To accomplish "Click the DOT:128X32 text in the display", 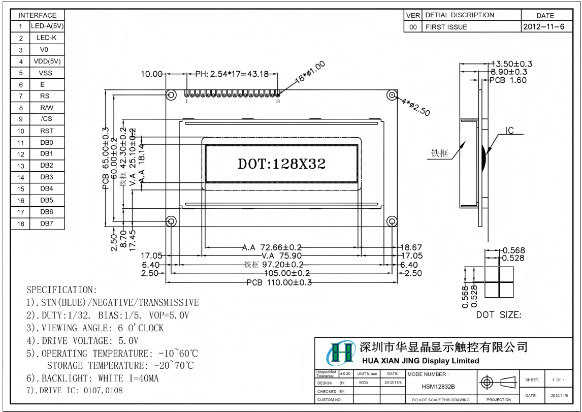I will tap(281, 164).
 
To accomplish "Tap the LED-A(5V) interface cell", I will tap(47, 26).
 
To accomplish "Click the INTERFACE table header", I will tap(38, 15).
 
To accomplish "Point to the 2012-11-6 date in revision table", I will tap(544, 26).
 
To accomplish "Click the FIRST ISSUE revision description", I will tap(446, 27).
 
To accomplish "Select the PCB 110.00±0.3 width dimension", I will tap(279, 282).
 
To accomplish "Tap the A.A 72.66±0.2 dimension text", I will tap(272, 247).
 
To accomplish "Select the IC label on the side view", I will tap(509, 131).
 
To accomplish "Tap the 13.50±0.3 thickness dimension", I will tap(512, 64).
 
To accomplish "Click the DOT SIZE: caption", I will tap(498, 315).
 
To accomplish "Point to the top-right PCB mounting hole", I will tap(392, 95).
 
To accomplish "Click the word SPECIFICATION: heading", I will tap(61, 290).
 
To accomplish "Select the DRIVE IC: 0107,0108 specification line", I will tap(75, 391).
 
